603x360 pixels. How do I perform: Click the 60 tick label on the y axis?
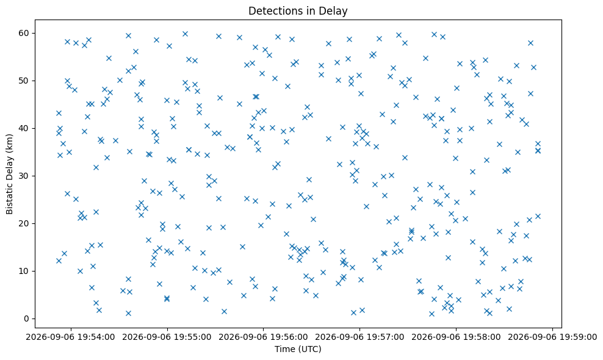coord(24,33)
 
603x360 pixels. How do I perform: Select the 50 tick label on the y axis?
coord(24,81)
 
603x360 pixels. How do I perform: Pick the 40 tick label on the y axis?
coord(24,129)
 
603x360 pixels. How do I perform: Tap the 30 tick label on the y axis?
coord(24,176)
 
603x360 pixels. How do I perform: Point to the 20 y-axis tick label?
coord(24,223)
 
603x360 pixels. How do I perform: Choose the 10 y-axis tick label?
coord(24,271)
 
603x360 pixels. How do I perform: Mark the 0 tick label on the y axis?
coord(27,319)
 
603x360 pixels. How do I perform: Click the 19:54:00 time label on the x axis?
coord(96,337)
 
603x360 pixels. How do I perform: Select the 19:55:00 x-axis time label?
coord(192,337)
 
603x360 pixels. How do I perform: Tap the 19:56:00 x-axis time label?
coord(289,337)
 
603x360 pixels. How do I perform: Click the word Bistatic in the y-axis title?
coord(10,198)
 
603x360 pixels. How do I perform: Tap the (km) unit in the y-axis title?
coord(10,142)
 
